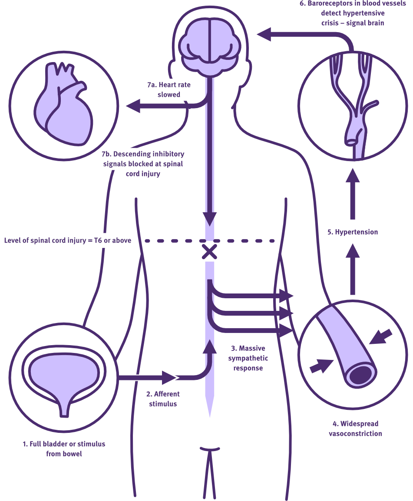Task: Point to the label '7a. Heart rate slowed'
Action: (x=169, y=89)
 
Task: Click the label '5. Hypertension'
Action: (x=353, y=232)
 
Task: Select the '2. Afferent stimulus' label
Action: (x=163, y=399)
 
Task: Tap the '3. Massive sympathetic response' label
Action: (x=248, y=358)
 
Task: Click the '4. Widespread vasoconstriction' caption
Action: (x=355, y=428)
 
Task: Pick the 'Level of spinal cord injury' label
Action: (x=68, y=240)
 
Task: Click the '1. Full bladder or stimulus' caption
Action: (x=64, y=449)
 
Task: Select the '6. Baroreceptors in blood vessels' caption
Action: (x=353, y=13)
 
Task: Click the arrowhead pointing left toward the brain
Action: (x=264, y=34)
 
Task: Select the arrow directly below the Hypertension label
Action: (x=353, y=269)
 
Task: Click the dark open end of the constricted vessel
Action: (x=363, y=374)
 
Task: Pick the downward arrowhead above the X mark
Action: (x=210, y=218)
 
